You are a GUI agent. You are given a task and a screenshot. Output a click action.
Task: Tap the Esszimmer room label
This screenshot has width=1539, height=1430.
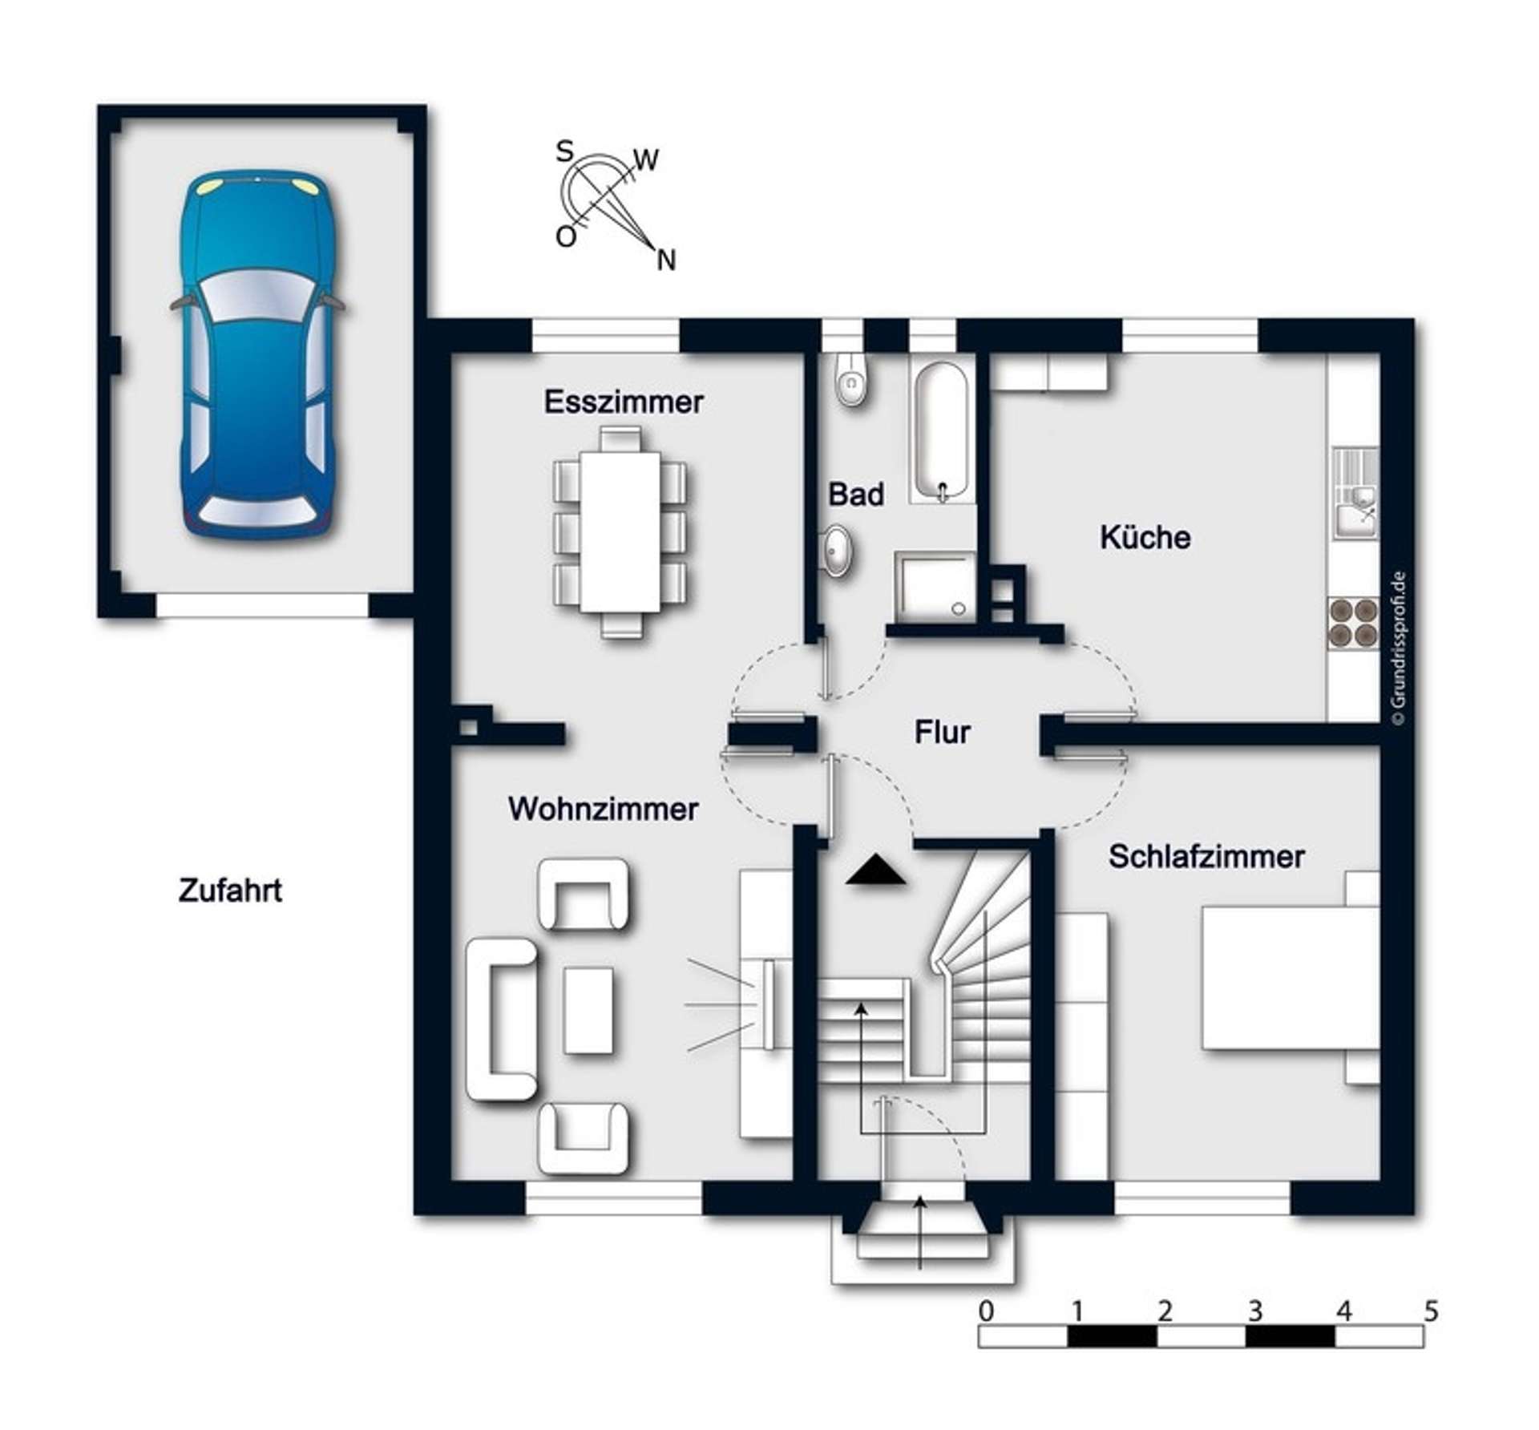tap(624, 402)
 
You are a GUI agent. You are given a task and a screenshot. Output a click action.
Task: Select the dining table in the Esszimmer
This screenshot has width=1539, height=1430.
tap(620, 531)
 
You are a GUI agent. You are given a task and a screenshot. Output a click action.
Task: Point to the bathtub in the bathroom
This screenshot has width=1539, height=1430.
tap(942, 432)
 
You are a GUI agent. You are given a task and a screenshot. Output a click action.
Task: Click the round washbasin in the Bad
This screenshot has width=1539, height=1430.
tap(838, 551)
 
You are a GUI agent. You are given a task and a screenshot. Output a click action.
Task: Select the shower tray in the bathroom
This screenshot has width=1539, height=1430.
tap(935, 587)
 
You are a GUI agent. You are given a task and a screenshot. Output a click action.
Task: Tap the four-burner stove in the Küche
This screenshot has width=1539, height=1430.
tap(1352, 623)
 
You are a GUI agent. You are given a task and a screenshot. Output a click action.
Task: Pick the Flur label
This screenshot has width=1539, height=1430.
tap(942, 732)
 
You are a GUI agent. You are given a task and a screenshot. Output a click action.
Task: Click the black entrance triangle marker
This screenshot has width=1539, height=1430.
tap(876, 871)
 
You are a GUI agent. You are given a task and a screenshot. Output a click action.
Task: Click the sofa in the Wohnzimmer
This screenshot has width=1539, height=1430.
tap(502, 1020)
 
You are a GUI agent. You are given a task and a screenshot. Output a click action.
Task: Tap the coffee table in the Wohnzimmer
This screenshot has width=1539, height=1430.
tap(588, 1010)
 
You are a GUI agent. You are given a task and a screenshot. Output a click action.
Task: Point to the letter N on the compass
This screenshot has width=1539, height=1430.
tap(666, 261)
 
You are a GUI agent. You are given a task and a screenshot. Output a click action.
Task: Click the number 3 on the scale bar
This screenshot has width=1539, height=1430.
tap(1254, 1312)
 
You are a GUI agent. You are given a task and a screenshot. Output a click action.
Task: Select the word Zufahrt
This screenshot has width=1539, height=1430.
tap(230, 891)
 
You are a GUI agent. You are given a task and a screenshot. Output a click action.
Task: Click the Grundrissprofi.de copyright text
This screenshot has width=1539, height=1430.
tap(1399, 648)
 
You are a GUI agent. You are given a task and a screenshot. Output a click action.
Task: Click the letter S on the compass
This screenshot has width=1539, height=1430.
tap(565, 151)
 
